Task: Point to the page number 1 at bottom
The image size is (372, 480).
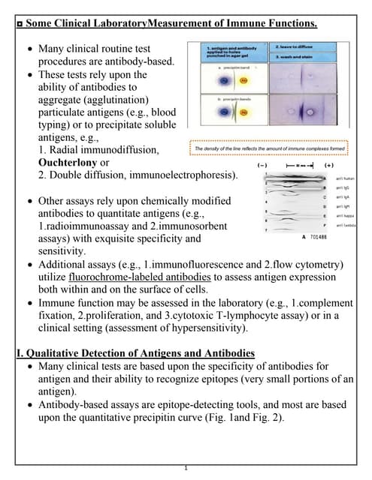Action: click(x=186, y=468)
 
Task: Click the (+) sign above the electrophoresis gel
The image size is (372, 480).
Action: click(x=328, y=163)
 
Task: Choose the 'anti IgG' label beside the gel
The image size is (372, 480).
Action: click(x=343, y=187)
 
